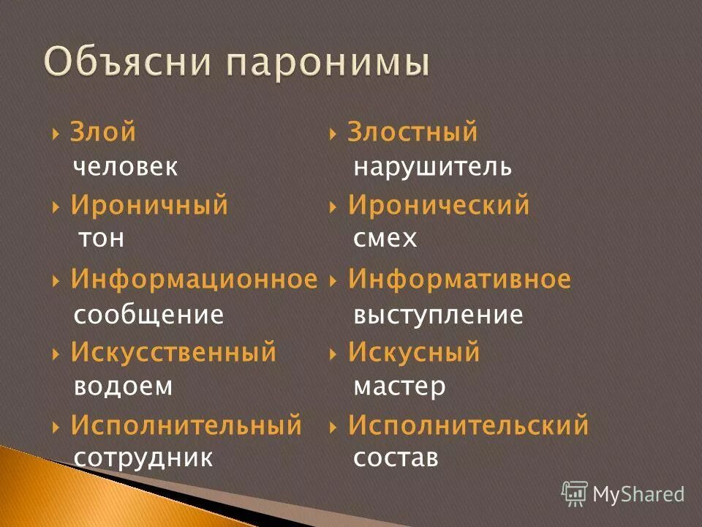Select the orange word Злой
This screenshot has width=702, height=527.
[x=103, y=132]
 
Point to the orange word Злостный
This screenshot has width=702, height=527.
[x=412, y=132]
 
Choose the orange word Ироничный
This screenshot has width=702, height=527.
[x=149, y=206]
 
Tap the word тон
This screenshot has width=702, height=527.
[x=100, y=239]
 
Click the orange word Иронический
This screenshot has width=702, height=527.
[x=439, y=206]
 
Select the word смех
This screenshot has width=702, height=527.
[x=385, y=239]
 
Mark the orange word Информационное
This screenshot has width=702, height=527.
[x=194, y=279]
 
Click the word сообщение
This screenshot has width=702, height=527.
[x=148, y=315]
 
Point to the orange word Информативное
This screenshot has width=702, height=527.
[x=459, y=279]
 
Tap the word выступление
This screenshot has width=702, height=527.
[x=438, y=315]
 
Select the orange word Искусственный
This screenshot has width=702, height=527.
[x=173, y=352]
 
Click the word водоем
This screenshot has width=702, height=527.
[x=123, y=386]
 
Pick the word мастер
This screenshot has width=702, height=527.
[x=399, y=386]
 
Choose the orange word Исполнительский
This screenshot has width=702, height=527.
[x=468, y=425]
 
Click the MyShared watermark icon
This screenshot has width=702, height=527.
[x=575, y=493]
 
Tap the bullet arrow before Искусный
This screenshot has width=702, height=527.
[x=333, y=354]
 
